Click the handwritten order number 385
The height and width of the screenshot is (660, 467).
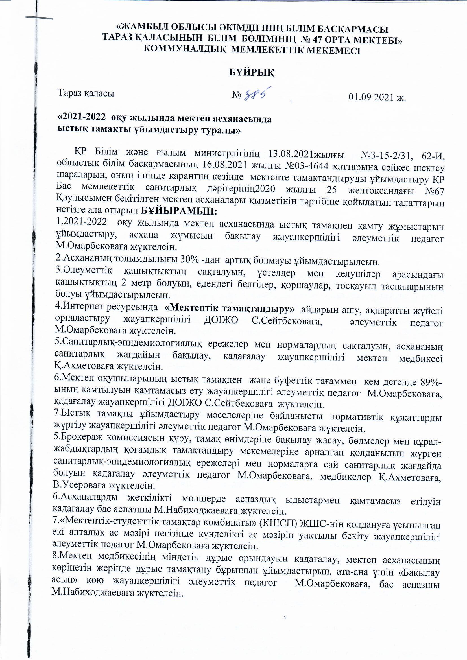click(x=258, y=94)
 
